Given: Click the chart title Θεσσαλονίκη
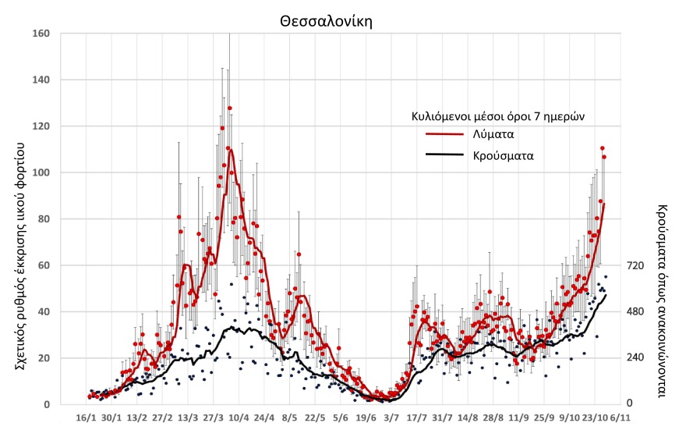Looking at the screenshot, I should point(327,21).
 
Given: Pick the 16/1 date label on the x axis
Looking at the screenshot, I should point(87,418).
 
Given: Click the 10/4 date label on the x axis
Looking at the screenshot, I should point(239,418).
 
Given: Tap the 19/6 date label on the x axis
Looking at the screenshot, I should point(366,418).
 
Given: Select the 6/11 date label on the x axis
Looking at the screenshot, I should point(621,418).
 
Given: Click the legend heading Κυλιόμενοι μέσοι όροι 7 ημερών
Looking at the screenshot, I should point(498,115).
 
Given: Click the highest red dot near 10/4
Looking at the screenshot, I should point(229,108).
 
